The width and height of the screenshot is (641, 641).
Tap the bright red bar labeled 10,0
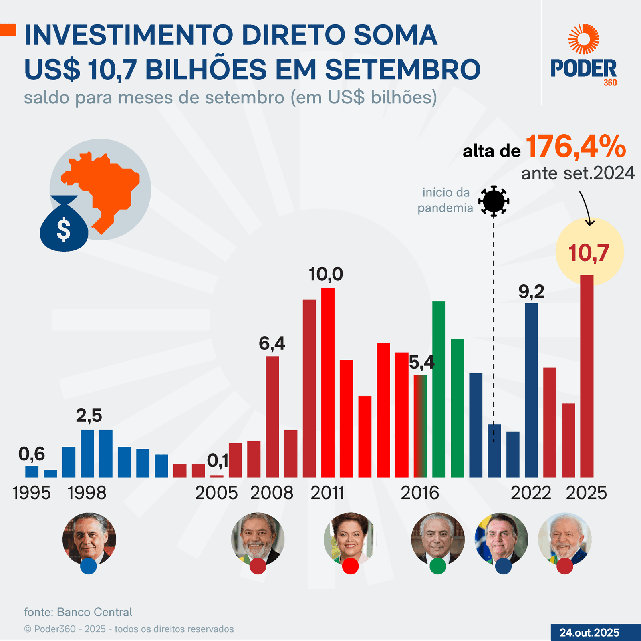click(328, 383)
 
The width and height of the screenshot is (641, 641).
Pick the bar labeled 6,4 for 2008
click(272, 417)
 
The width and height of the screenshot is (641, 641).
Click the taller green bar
click(439, 389)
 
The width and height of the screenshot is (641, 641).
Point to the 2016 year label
click(420, 493)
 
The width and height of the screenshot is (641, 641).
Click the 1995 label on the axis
click(32, 493)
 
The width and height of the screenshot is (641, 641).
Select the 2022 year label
click(531, 493)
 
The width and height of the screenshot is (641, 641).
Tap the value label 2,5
click(89, 416)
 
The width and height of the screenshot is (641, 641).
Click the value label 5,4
click(421, 363)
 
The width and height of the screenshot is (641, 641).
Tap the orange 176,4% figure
click(575, 147)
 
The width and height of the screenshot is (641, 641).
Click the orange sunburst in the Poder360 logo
click(584, 39)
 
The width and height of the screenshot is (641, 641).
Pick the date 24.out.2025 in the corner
click(589, 633)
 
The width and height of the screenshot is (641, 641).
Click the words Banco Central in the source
click(95, 612)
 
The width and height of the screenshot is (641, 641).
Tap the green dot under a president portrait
click(438, 566)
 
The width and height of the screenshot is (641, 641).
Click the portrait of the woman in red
click(350, 538)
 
